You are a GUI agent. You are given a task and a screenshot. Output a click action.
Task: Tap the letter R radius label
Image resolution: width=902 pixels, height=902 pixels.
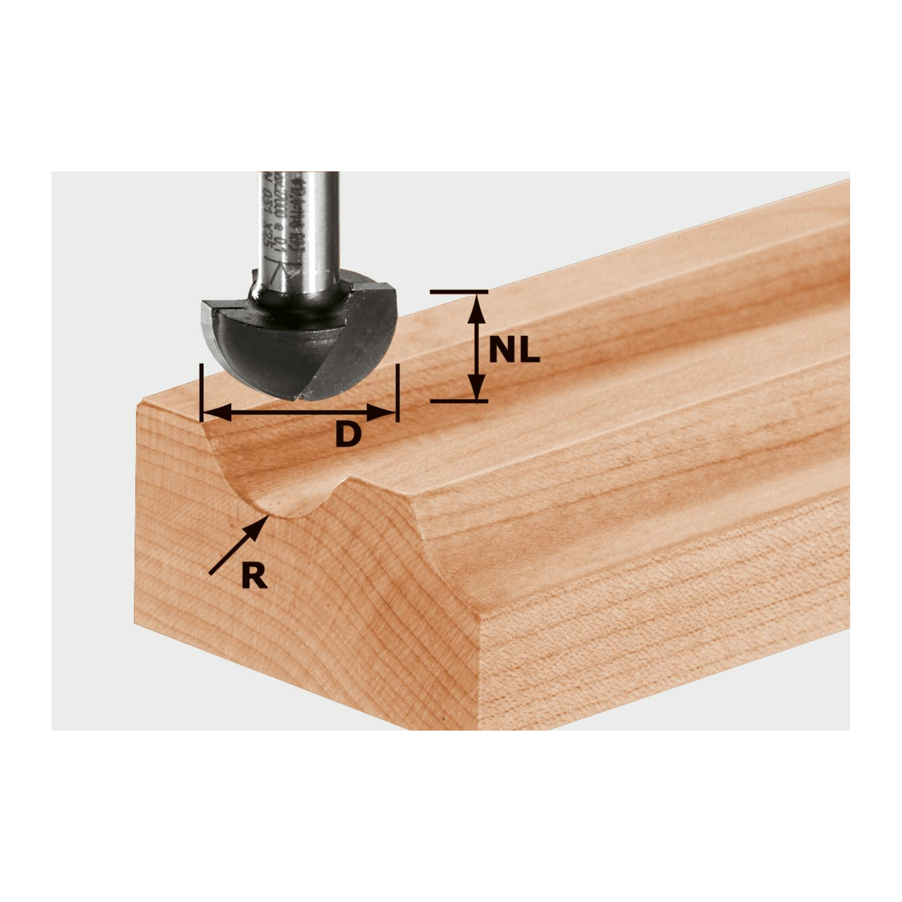point(254,576)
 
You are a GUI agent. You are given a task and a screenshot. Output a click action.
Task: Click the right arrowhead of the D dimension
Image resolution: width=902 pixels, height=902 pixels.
point(381,413)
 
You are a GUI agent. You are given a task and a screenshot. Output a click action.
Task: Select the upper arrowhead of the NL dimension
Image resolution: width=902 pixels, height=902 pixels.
point(476,308)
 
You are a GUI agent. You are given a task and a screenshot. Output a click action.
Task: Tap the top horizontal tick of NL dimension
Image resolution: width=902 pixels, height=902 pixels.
point(459,292)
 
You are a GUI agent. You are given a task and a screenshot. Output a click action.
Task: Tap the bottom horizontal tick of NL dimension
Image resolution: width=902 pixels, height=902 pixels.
point(459,401)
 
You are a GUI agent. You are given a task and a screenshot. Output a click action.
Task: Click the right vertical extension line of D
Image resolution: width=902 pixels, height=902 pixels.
point(397,392)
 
